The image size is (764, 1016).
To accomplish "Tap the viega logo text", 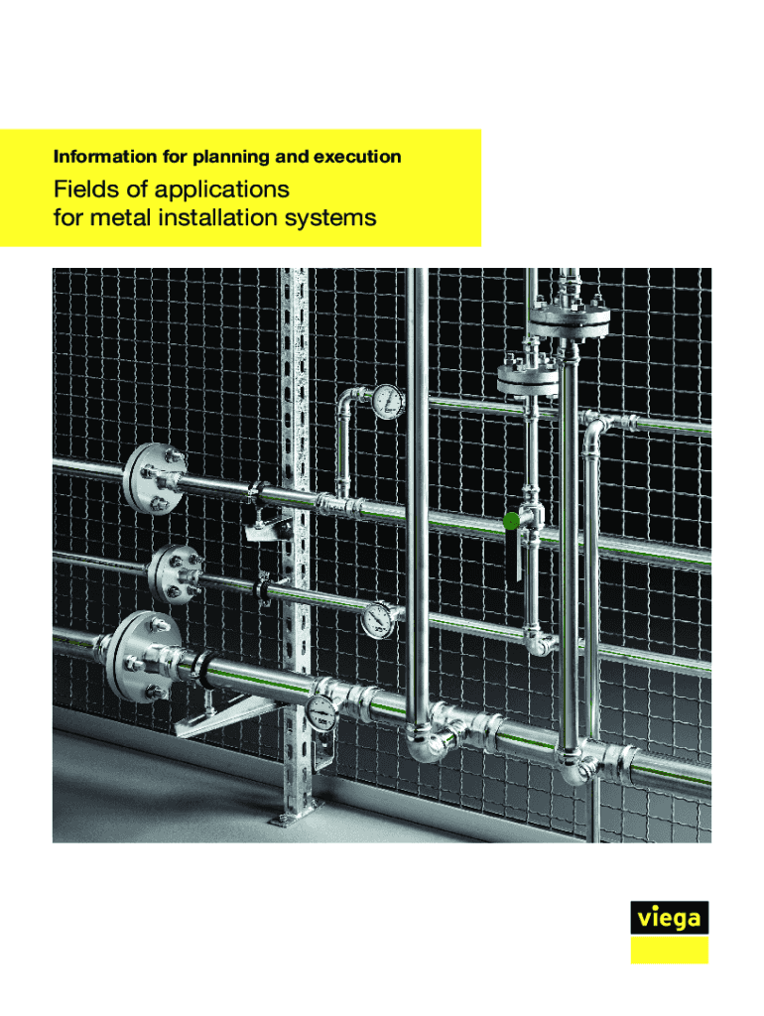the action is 670,919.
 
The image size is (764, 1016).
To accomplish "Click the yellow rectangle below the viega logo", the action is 670,950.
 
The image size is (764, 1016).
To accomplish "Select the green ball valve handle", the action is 511,520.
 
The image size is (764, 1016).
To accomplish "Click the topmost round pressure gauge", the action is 388,402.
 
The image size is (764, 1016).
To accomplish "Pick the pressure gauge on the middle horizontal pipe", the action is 378,620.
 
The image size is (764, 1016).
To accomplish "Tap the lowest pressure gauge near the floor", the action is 321,712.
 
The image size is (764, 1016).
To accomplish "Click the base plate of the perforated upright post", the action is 297,812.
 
